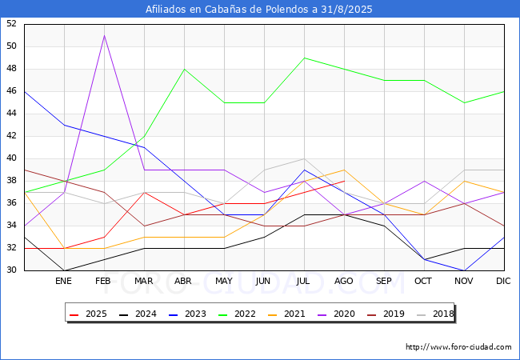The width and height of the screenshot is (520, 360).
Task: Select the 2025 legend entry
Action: coord(88,314)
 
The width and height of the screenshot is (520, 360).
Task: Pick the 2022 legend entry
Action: coord(237,314)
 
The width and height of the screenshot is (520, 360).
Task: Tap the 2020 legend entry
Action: coord(336,314)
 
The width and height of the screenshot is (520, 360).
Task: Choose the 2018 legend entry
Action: coord(435,314)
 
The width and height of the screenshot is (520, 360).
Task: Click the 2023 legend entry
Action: coord(187,314)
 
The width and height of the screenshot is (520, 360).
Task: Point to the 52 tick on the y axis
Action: coord(11,23)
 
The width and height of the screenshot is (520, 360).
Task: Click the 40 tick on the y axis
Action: coord(11,158)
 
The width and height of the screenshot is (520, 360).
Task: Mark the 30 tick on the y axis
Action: coord(11,270)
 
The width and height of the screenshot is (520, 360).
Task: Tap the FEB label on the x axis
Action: coord(103,281)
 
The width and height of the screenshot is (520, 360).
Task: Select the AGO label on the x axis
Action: coord(343,281)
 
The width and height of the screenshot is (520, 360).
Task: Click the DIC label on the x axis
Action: coord(503,281)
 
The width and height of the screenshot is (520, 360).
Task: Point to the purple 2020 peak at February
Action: coord(105,35)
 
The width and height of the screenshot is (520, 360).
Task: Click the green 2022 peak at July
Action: coord(305,58)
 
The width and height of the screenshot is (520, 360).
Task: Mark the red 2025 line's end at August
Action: coord(345,181)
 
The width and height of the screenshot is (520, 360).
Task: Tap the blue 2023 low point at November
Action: coord(464,270)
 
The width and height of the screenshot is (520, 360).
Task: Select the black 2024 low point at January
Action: coord(64,270)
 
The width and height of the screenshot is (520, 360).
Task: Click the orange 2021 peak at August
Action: coord(345,170)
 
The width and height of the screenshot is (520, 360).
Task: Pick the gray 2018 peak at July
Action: coord(305,158)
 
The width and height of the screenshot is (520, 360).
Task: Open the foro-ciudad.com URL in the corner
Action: coord(458,347)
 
